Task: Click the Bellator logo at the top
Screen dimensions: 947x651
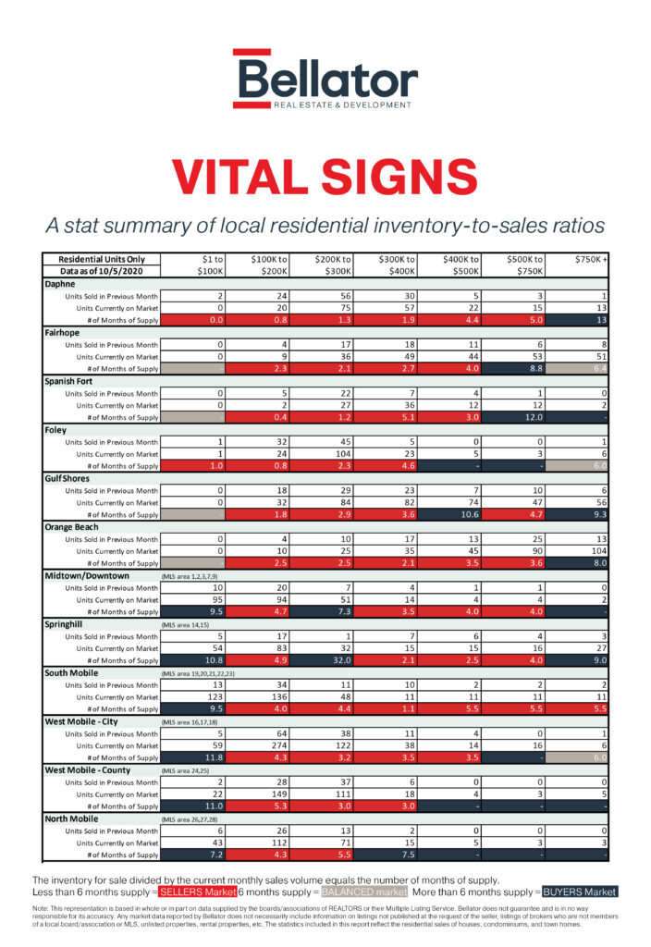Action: tap(325, 80)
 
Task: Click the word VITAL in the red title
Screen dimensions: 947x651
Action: tap(244, 176)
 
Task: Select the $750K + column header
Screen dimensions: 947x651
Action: tap(591, 259)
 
